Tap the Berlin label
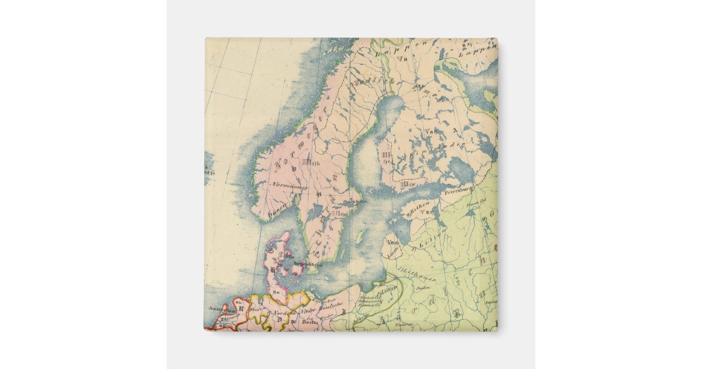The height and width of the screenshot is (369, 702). click(x=309, y=322)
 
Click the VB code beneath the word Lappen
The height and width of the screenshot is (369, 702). click(x=402, y=58)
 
